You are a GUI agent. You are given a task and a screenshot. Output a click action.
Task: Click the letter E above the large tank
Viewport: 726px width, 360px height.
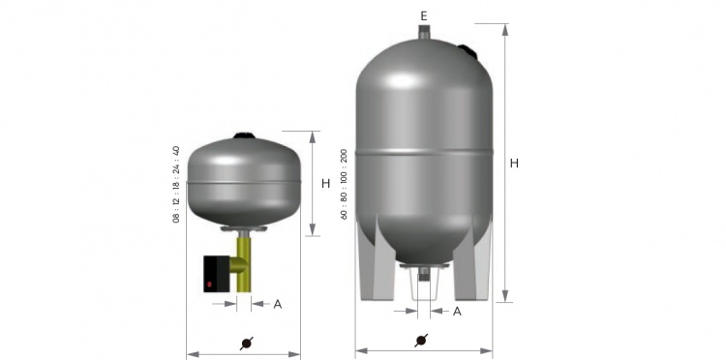(x=424, y=16)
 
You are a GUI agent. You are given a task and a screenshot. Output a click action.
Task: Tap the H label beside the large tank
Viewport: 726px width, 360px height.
(x=514, y=164)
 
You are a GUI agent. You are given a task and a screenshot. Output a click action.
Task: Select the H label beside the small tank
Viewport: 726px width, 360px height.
(x=326, y=184)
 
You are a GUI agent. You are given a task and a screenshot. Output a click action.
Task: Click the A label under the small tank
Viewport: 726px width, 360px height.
(x=278, y=304)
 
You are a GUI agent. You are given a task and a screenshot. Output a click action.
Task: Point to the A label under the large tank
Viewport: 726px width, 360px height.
(x=457, y=312)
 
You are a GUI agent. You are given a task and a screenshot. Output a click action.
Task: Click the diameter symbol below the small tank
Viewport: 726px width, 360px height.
(x=247, y=344)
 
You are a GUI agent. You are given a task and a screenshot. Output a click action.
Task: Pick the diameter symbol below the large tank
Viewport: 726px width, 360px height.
(x=421, y=341)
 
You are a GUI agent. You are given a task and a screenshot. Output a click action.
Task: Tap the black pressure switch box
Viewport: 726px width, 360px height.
(x=217, y=274)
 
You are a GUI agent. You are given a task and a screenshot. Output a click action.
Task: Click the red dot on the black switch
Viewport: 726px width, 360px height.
(x=210, y=285)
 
